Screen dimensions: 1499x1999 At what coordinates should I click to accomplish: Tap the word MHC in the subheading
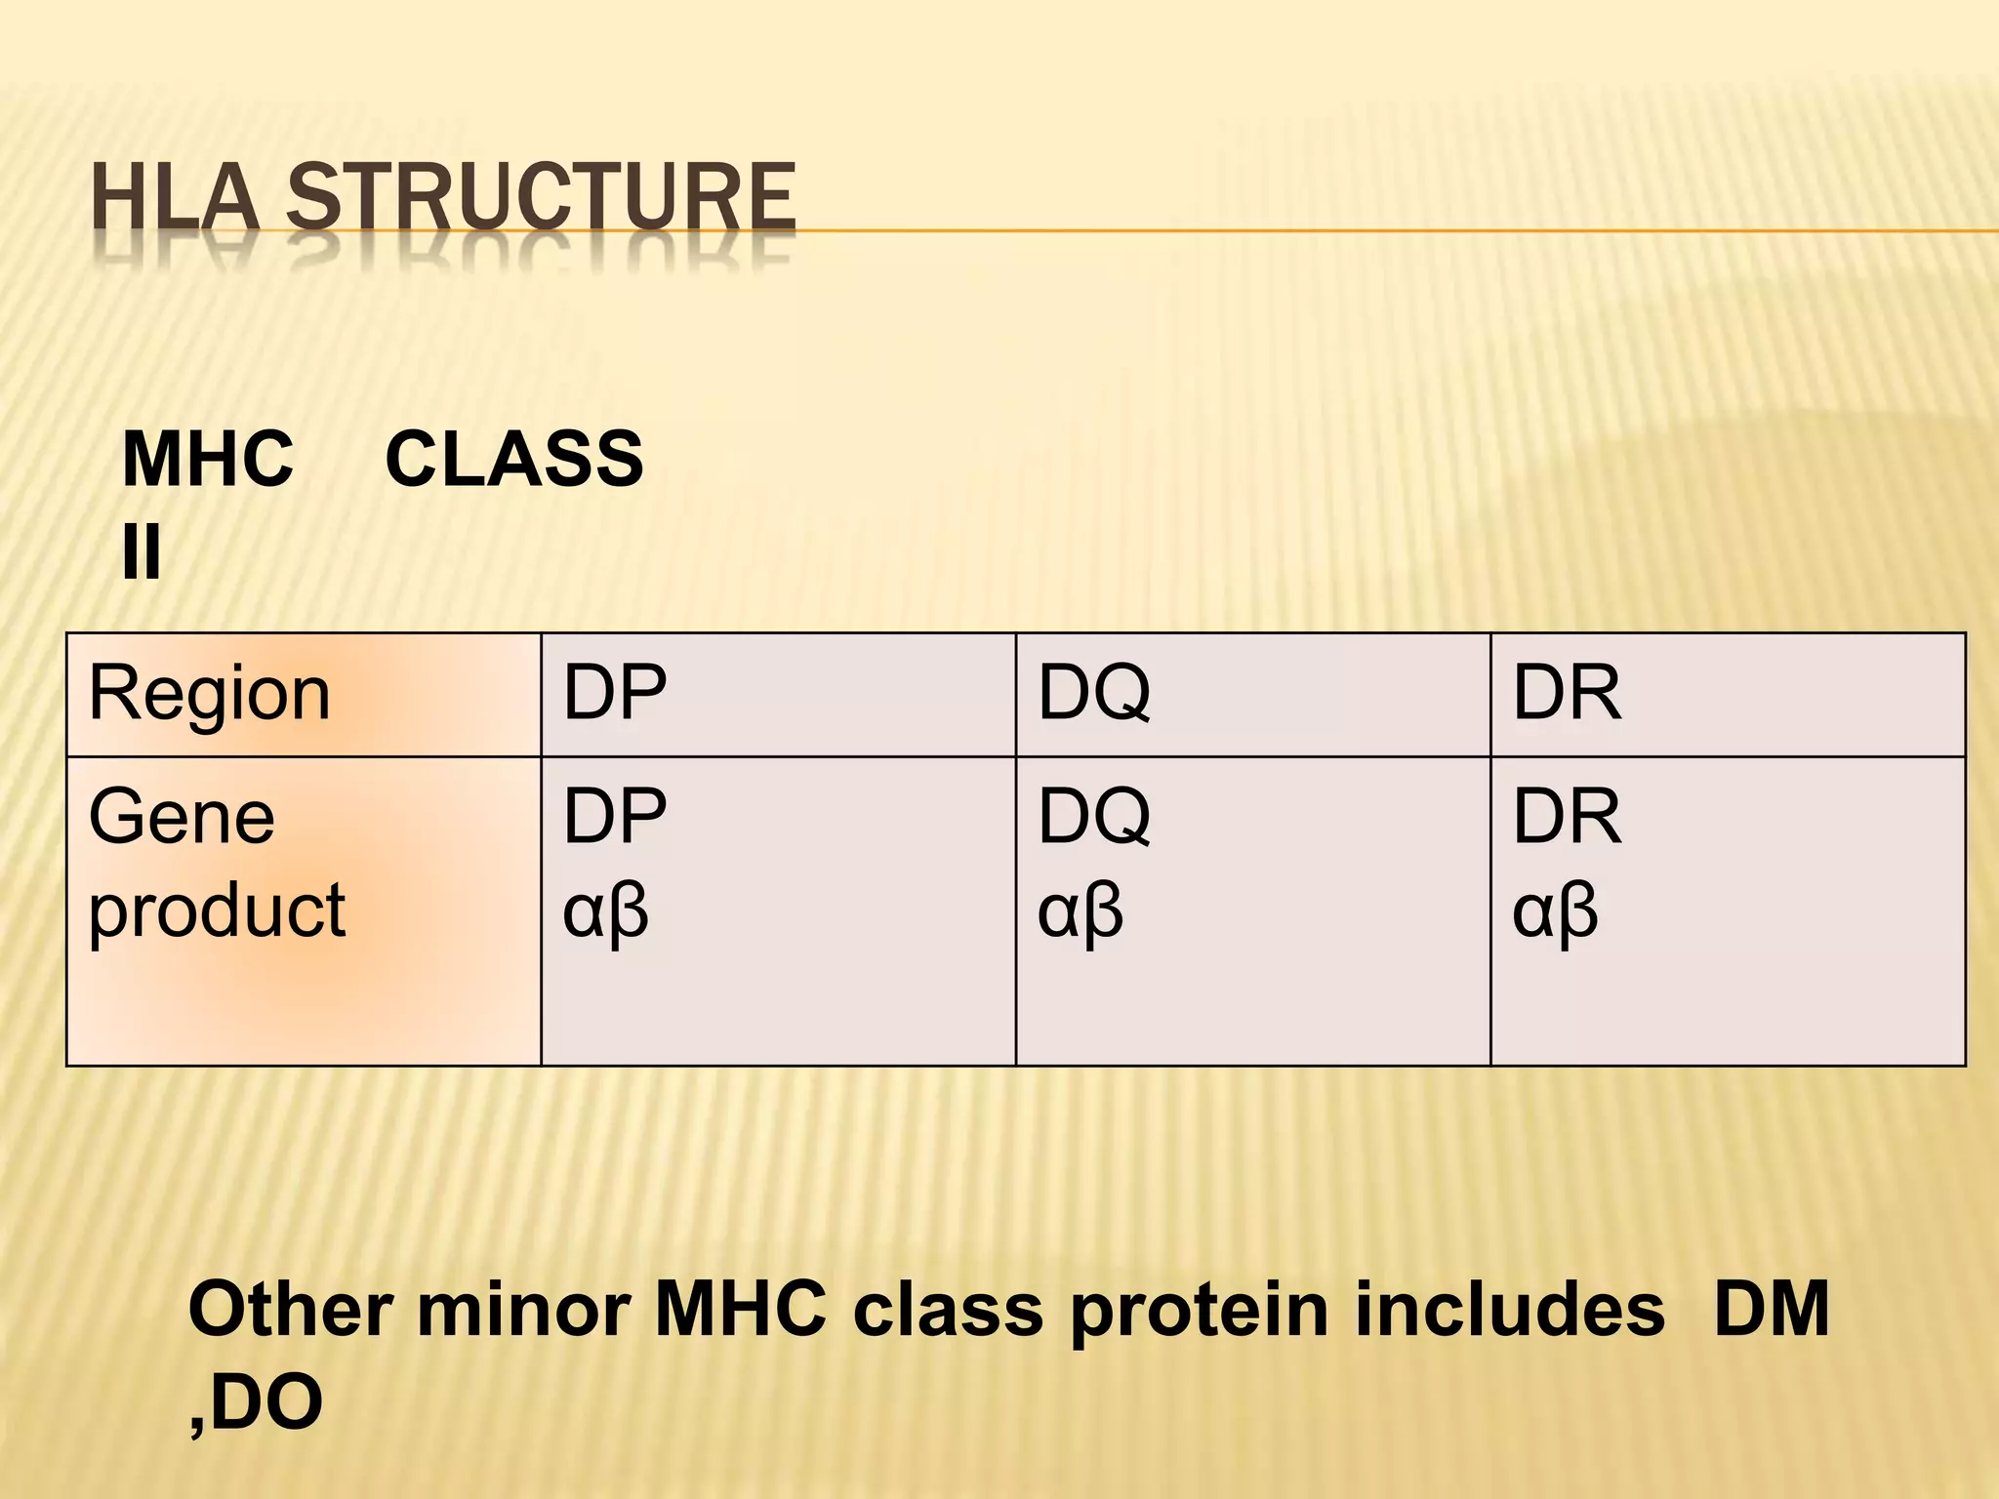tap(207, 460)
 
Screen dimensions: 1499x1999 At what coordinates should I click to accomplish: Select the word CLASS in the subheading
tap(514, 460)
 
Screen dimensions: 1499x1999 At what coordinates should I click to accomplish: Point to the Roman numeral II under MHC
tap(142, 552)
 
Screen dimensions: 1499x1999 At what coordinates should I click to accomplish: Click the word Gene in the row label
tap(182, 817)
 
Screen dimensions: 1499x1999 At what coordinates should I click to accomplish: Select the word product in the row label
tap(217, 911)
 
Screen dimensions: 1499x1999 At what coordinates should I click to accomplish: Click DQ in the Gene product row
tap(1093, 817)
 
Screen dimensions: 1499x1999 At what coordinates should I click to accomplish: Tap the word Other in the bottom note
tap(293, 1310)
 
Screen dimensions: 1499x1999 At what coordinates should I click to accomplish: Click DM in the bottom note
tap(1771, 1310)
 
